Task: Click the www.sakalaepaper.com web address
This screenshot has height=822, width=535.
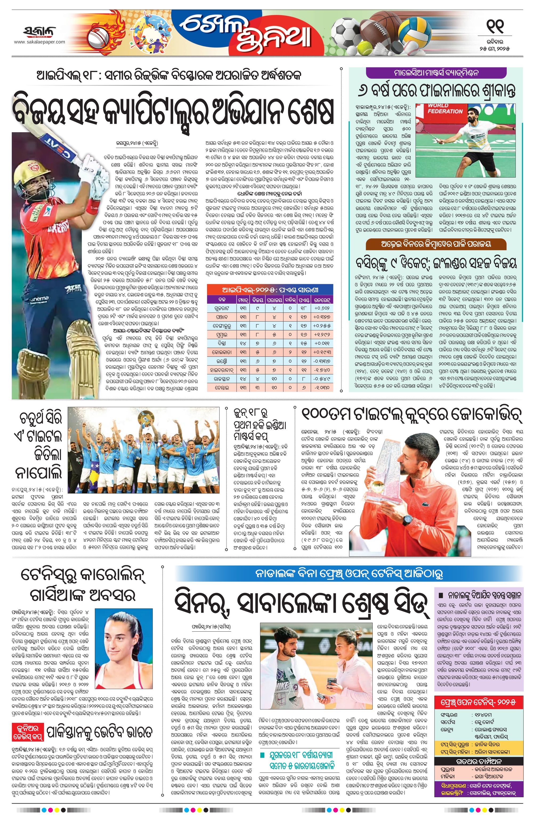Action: coord(39,42)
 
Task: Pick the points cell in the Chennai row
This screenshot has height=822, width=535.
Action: coord(303,388)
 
